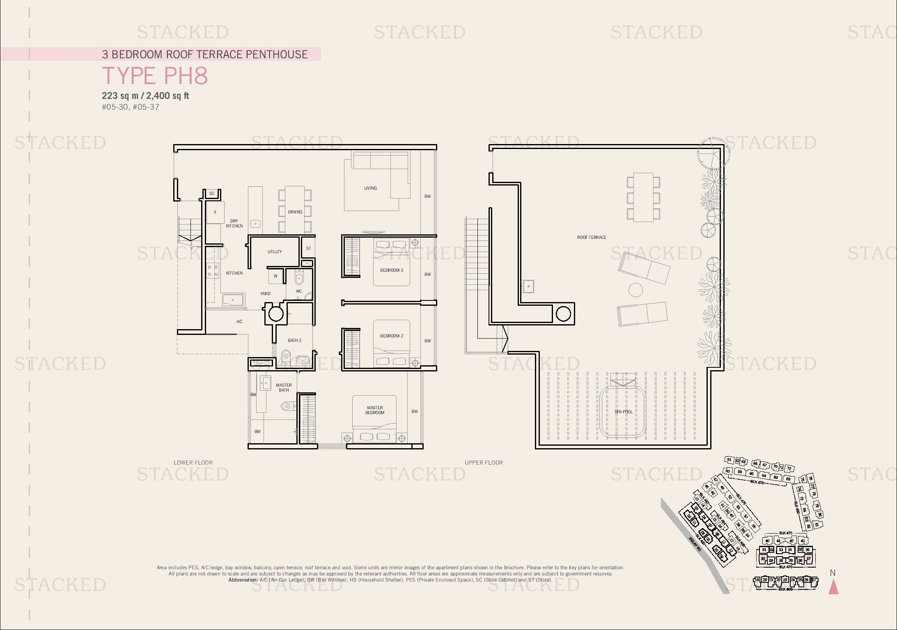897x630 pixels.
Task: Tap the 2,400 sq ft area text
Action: [x=167, y=96]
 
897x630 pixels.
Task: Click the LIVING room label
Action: [x=370, y=188]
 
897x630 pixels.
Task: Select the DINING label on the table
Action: [x=295, y=212]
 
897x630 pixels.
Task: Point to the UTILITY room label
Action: [x=275, y=252]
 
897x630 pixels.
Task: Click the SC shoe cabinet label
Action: [x=212, y=193]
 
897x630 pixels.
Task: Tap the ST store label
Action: [x=308, y=248]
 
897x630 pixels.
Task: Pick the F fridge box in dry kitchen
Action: [x=215, y=212]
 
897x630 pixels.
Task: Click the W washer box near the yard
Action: [x=275, y=276]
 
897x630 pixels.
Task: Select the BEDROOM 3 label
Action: [x=391, y=270]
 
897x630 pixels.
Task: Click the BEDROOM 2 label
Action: [x=391, y=336]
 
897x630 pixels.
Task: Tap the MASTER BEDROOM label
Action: [x=375, y=410]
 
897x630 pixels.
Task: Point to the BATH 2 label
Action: [x=294, y=340]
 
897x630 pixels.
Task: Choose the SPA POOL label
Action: [x=623, y=412]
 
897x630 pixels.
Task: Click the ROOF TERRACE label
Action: [x=591, y=237]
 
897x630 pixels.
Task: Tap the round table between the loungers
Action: [x=635, y=290]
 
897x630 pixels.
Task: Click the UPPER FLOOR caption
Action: [x=484, y=463]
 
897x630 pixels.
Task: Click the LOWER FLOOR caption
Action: [x=193, y=463]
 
